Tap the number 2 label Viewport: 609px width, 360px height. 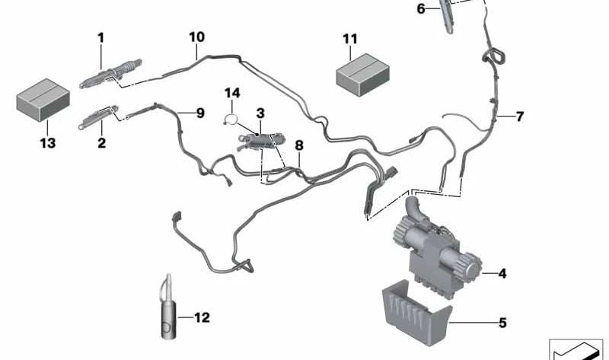click(x=101, y=142)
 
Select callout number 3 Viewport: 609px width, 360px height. click(x=260, y=113)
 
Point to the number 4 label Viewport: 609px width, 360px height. click(x=502, y=272)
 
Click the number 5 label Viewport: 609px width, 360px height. click(x=502, y=323)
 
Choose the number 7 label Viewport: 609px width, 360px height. click(x=519, y=116)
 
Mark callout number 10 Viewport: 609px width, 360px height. click(x=196, y=36)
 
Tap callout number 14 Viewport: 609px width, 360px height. click(x=231, y=93)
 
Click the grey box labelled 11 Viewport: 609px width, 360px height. click(x=358, y=77)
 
